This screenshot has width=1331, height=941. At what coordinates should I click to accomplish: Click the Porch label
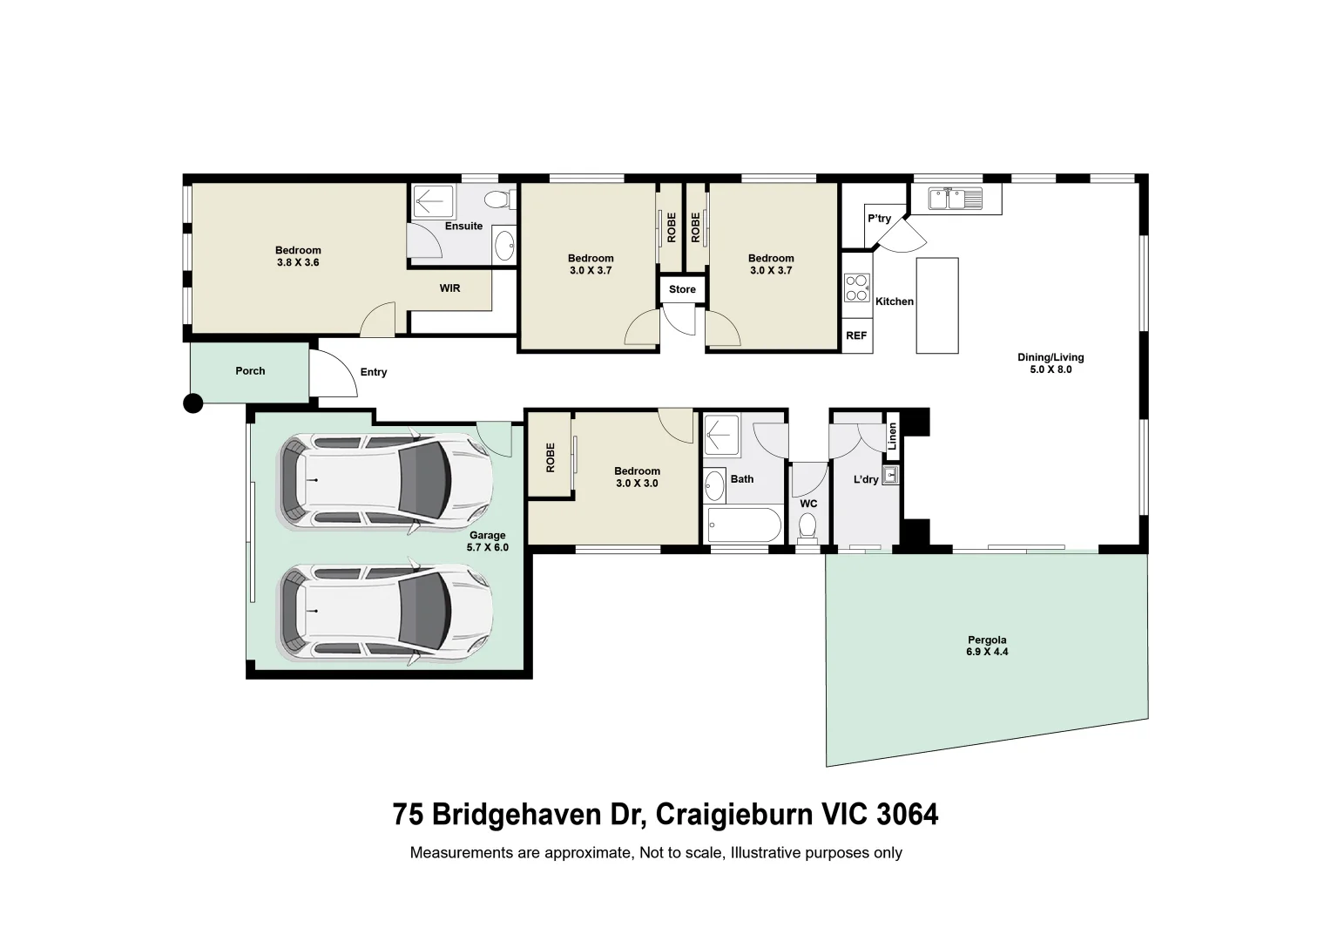coord(250,371)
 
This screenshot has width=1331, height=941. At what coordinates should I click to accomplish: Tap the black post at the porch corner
coord(193,403)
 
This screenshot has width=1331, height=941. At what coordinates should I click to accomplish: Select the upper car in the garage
coord(384,483)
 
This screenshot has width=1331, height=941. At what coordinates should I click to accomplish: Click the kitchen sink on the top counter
coord(955,199)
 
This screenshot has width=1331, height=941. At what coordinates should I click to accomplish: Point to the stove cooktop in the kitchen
coord(857,288)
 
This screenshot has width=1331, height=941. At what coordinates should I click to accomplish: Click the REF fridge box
coord(856,335)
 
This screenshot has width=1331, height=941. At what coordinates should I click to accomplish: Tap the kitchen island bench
coord(937,305)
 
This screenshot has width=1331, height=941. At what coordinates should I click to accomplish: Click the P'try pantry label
coord(879,219)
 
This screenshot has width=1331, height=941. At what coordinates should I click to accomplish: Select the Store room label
coord(682,289)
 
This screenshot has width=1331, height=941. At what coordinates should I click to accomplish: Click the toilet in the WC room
coord(807,526)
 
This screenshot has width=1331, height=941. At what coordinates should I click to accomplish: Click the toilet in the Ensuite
coord(497,201)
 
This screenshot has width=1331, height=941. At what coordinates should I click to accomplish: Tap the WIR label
coord(449,288)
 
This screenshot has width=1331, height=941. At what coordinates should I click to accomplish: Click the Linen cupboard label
coord(892,436)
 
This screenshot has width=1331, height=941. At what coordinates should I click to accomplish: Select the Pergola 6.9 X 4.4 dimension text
coord(987,652)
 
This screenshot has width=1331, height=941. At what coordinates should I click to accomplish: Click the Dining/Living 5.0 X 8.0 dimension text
coord(1051,369)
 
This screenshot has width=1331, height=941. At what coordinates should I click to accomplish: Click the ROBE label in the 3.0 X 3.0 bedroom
coord(550,458)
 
